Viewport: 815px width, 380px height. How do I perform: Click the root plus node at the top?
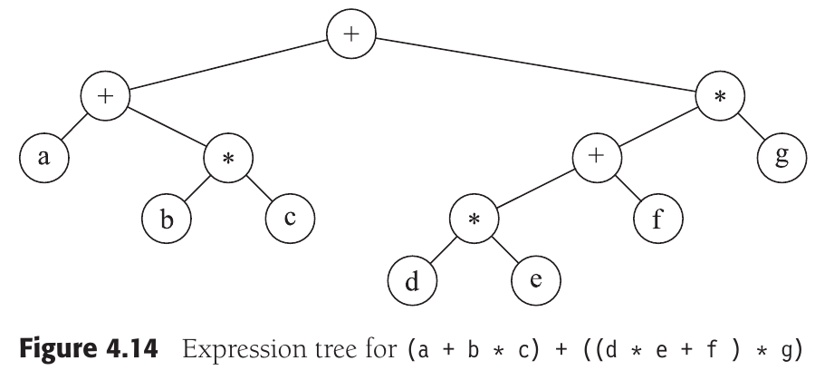coord(351,37)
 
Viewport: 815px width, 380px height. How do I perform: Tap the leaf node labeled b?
coord(166,219)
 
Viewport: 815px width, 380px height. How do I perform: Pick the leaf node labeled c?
coord(288,219)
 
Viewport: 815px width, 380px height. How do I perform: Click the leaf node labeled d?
coord(412,283)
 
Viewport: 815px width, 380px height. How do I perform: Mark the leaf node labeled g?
coord(781,156)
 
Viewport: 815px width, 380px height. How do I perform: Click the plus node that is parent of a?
coord(105,96)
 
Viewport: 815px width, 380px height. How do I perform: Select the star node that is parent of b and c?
coord(228,160)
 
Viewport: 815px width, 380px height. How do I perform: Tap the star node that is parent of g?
coord(720,96)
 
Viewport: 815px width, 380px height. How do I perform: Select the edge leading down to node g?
coord(752,127)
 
